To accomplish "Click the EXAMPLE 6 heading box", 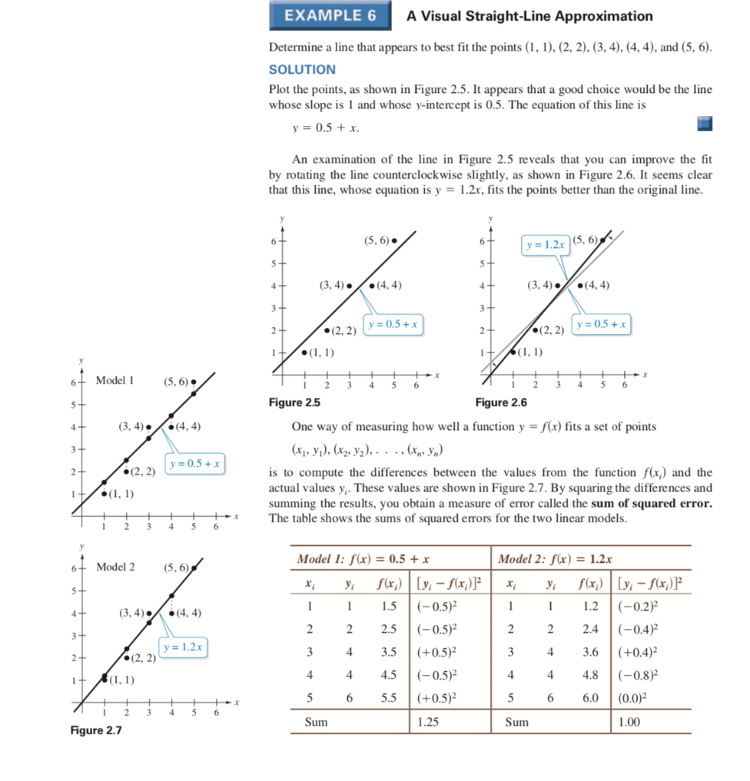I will click(x=330, y=16).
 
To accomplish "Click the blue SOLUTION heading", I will click(x=302, y=69).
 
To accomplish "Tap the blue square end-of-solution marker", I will click(x=704, y=124).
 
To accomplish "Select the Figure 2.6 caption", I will click(x=501, y=402).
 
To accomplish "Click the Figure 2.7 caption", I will click(x=96, y=731).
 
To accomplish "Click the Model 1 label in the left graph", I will click(x=115, y=381).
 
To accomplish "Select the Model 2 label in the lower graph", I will click(x=116, y=567).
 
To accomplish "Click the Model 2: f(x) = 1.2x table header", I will click(x=555, y=559).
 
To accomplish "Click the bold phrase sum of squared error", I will click(x=642, y=503).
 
